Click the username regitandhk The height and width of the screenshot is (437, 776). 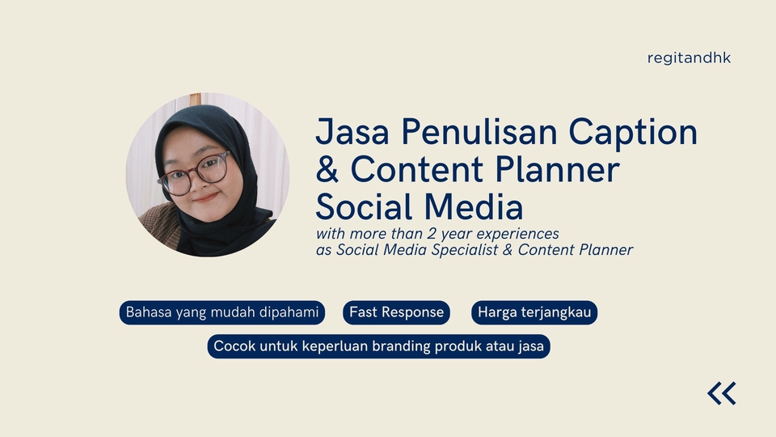tap(689, 58)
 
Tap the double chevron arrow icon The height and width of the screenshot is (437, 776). tap(722, 393)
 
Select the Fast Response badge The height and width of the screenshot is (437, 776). tap(396, 312)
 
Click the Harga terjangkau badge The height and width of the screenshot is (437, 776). tap(534, 312)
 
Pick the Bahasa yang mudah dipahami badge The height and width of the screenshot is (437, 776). tap(222, 312)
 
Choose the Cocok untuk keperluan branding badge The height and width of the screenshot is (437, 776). tap(378, 347)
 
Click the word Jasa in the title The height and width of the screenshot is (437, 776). tap(350, 132)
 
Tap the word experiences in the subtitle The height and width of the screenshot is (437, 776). tap(518, 235)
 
